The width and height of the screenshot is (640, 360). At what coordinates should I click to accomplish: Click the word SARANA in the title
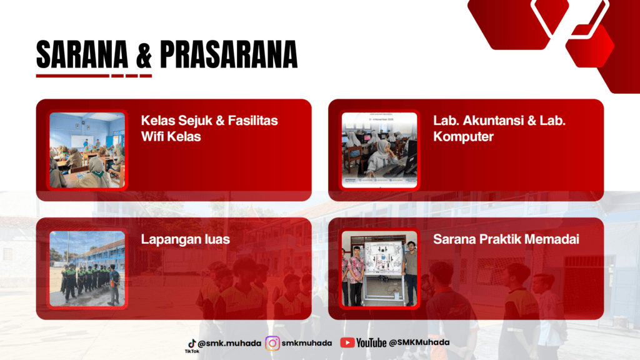82,54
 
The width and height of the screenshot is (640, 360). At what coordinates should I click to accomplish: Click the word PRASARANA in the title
229,54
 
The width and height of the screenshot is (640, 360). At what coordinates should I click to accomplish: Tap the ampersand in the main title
144,55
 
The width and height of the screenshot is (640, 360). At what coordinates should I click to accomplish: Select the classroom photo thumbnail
87,150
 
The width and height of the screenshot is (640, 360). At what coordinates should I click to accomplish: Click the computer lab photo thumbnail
379,150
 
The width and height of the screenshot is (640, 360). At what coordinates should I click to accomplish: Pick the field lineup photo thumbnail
87,269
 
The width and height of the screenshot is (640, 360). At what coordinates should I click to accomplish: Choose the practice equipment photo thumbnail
379,269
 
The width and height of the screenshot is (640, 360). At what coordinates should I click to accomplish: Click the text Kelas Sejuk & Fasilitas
209,121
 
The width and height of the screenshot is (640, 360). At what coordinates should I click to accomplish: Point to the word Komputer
463,137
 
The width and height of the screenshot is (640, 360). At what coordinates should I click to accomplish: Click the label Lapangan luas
185,239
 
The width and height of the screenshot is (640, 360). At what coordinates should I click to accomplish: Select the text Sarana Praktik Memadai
506,239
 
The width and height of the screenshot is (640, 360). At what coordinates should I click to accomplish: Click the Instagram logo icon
272,343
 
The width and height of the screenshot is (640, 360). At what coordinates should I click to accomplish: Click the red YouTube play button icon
347,343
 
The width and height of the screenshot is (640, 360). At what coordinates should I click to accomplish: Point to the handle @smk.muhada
229,343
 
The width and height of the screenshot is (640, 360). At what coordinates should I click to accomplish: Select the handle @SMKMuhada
419,342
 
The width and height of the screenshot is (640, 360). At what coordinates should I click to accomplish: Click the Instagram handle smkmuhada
306,343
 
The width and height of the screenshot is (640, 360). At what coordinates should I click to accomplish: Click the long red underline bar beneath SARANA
72,76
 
